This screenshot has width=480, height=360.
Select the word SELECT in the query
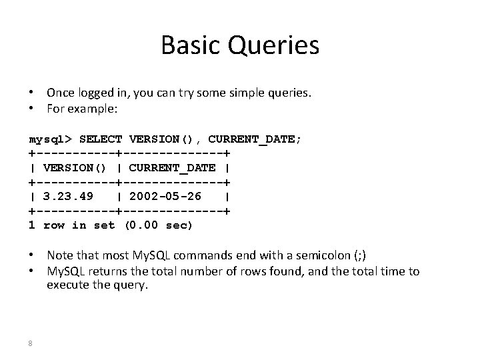(x=100, y=139)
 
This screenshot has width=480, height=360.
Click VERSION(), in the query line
(x=165, y=139)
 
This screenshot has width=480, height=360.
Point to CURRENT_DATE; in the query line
(x=255, y=139)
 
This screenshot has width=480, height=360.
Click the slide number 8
(x=31, y=343)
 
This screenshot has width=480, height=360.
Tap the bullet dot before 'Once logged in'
(x=32, y=94)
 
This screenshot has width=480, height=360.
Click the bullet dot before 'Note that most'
(x=32, y=256)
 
